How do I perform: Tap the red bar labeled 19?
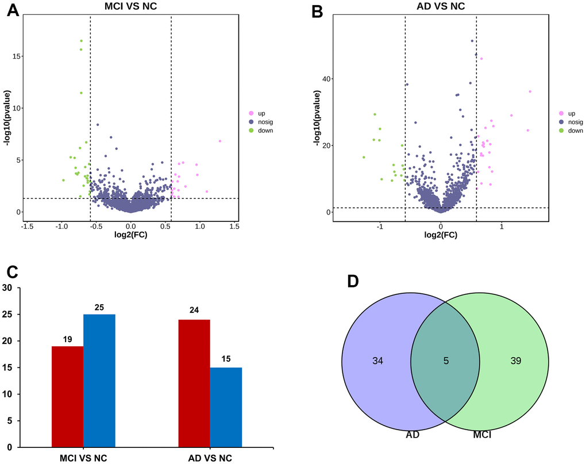click(67, 396)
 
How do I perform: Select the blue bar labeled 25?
click(99, 380)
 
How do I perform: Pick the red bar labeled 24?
click(194, 383)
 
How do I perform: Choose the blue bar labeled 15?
click(226, 407)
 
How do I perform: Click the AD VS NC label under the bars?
click(210, 458)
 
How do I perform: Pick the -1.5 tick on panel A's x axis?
click(27, 227)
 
